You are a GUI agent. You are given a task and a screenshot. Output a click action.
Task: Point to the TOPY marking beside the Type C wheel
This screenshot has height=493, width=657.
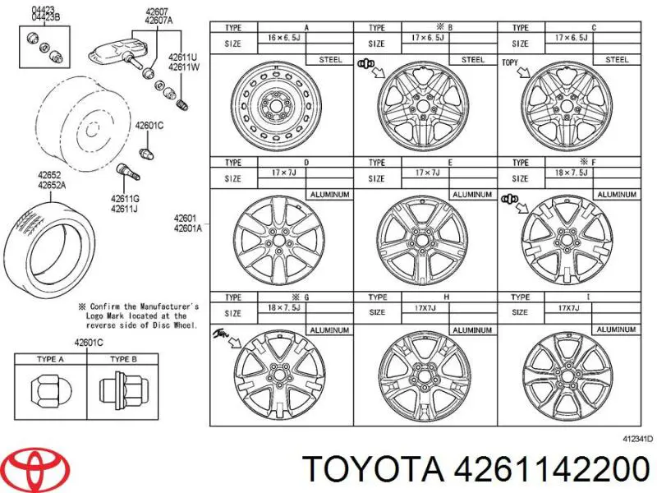(509, 62)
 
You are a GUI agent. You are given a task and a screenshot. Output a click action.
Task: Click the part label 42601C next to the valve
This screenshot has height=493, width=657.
(150, 125)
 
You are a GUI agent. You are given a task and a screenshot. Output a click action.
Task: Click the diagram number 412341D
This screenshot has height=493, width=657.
(636, 440)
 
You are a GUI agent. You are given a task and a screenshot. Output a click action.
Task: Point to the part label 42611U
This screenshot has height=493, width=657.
(183, 57)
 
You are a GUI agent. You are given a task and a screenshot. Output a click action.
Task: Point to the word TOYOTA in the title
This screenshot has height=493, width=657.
(371, 470)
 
